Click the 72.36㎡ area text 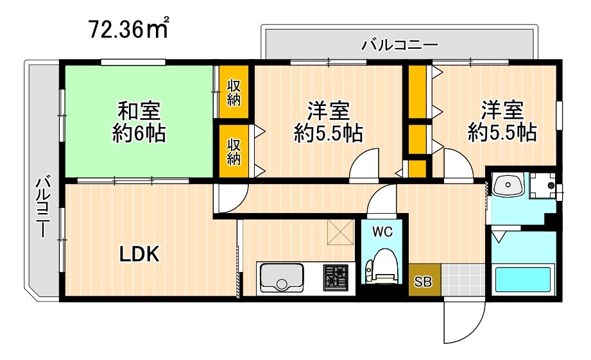point(129,29)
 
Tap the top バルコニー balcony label point(398,45)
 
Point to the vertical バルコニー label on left point(42,205)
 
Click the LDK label point(140,255)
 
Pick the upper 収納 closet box point(234,92)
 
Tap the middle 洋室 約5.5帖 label point(328,121)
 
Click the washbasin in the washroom point(510,186)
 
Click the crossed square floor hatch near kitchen point(339,232)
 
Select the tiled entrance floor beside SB point(463,280)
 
